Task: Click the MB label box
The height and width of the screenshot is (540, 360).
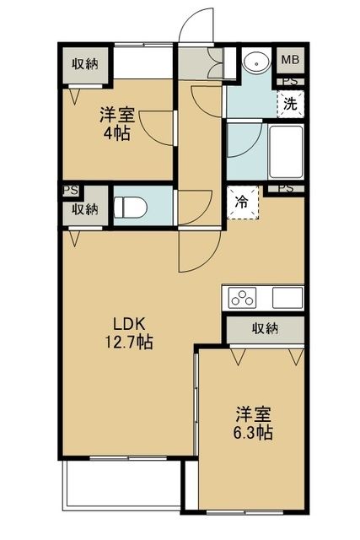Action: [x=290, y=59]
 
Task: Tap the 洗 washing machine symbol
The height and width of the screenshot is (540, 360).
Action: [x=289, y=105]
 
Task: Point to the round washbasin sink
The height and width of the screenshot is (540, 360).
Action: [x=254, y=64]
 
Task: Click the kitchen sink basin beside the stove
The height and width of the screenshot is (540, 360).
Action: [x=287, y=297]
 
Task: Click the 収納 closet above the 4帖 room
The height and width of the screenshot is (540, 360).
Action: [x=84, y=63]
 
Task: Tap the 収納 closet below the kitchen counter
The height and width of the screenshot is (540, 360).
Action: [x=265, y=329]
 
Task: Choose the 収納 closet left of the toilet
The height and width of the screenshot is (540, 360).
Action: [x=84, y=208]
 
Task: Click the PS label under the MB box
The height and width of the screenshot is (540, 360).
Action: [x=290, y=82]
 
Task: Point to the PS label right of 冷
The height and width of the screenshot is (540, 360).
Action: [x=285, y=189]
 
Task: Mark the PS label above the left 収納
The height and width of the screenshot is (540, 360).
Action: [x=67, y=191]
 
